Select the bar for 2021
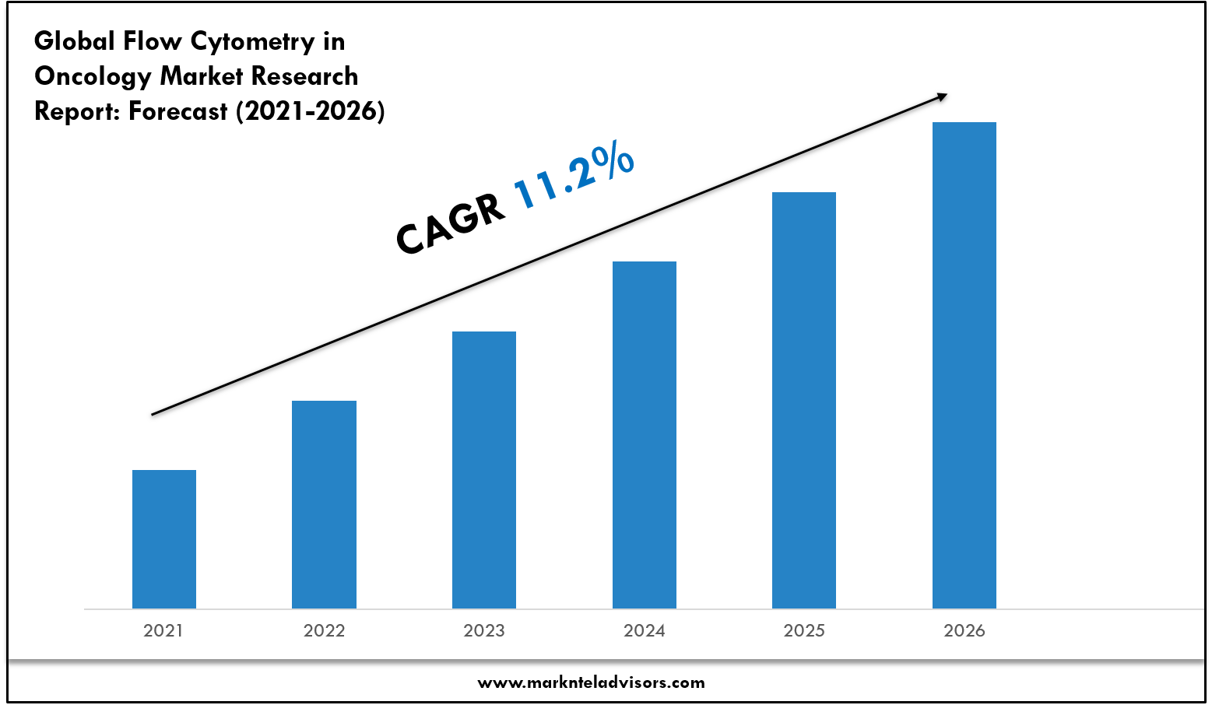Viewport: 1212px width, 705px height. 164,539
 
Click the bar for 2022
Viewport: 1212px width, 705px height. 324,504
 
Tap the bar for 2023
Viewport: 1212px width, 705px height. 484,470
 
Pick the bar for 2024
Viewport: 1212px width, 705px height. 645,435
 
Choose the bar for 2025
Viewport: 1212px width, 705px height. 804,400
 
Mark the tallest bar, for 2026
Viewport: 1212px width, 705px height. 964,365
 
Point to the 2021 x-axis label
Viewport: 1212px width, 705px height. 163,630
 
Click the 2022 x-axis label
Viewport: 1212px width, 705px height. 324,630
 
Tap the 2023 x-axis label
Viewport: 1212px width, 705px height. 484,630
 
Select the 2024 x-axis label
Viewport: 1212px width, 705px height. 645,630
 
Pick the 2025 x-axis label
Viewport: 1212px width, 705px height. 804,630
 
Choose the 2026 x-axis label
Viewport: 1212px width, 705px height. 964,630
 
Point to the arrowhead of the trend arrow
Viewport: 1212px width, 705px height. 942,96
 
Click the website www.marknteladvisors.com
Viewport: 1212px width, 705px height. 591,682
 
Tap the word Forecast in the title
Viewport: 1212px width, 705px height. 178,111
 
